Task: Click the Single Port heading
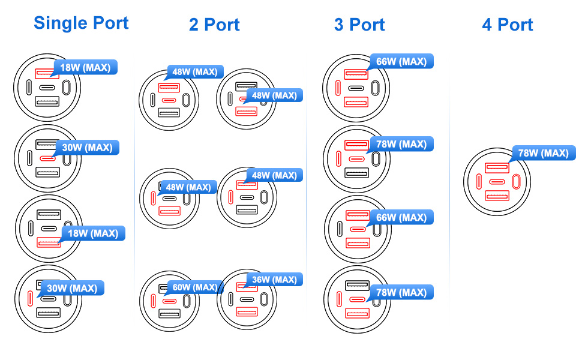[81, 23]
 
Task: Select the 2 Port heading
[214, 25]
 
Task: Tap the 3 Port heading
[359, 25]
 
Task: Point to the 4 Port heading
[508, 25]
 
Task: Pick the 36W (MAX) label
[274, 280]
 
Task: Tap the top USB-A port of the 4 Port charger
[497, 169]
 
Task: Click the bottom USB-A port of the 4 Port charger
[497, 196]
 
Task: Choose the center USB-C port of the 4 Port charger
[497, 182]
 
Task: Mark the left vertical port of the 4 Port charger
[479, 182]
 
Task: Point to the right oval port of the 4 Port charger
[517, 182]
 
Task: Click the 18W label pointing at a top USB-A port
[85, 67]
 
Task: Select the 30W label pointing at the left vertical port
[72, 288]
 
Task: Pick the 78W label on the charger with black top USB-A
[401, 293]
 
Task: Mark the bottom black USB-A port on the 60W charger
[170, 313]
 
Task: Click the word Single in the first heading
[59, 23]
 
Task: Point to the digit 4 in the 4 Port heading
[487, 25]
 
